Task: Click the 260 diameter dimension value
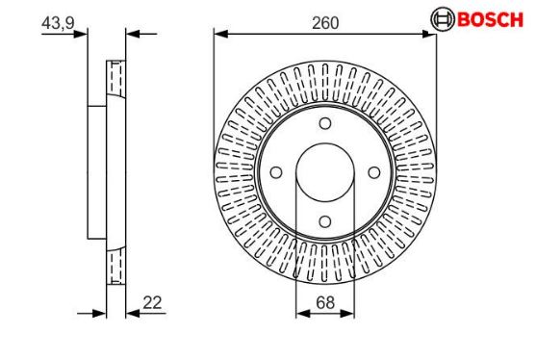pyautogui.click(x=325, y=23)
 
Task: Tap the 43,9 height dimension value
pyautogui.click(x=58, y=23)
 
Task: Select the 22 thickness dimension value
pyautogui.click(x=152, y=302)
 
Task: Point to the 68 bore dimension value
pyautogui.click(x=325, y=302)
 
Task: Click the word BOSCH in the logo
pyautogui.click(x=490, y=19)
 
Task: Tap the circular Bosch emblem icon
pyautogui.click(x=443, y=19)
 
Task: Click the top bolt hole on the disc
pyautogui.click(x=325, y=123)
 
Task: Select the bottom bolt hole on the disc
pyautogui.click(x=325, y=221)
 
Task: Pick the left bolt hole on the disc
pyautogui.click(x=276, y=172)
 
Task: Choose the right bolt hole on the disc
pyautogui.click(x=374, y=172)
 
